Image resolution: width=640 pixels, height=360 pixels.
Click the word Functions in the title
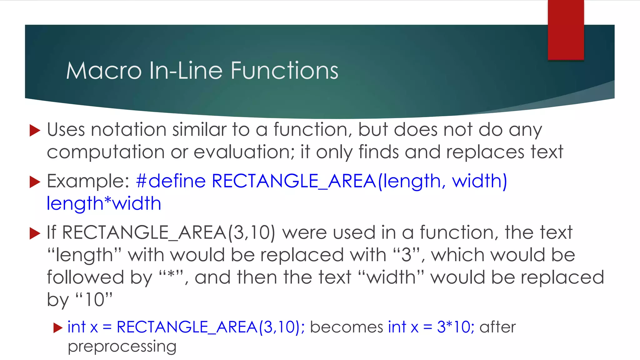click(x=284, y=71)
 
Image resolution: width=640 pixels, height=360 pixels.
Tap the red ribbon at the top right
click(x=566, y=30)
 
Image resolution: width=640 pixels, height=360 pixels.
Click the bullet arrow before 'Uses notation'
click(x=35, y=130)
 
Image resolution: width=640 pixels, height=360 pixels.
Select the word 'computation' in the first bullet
click(x=106, y=152)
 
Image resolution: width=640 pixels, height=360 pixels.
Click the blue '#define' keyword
click(x=171, y=181)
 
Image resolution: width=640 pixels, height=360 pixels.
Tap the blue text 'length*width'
click(x=104, y=204)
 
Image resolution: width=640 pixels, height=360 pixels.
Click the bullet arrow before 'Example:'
click(x=35, y=182)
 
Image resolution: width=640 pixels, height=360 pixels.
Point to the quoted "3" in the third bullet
click(x=407, y=255)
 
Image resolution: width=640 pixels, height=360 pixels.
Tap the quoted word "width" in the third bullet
click(x=391, y=277)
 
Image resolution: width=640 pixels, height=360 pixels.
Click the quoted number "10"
click(x=94, y=300)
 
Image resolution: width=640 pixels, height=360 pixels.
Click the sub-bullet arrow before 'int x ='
click(x=58, y=328)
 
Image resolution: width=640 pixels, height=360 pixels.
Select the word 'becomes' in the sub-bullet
click(x=346, y=327)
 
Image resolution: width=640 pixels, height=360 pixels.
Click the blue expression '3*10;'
click(x=455, y=327)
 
